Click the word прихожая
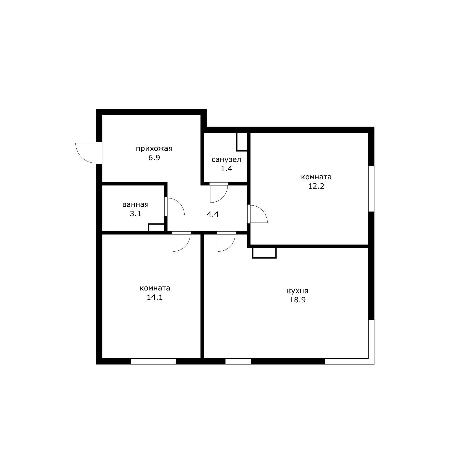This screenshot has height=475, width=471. point(154,149)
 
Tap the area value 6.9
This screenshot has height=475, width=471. point(154,158)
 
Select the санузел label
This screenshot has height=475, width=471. point(226,160)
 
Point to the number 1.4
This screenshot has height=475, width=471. point(226,169)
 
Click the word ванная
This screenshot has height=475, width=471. point(136,205)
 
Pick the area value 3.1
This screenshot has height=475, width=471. point(136,214)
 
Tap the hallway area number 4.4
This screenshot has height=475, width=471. point(213,214)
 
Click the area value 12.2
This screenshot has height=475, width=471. point(316,186)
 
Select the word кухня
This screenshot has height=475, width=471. point(297,291)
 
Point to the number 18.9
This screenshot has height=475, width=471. point(297,300)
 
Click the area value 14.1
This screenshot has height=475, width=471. point(155,297)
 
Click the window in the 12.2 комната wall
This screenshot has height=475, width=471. point(371,189)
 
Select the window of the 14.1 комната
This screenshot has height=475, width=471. point(154,361)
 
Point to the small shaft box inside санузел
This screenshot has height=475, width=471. point(242,142)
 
